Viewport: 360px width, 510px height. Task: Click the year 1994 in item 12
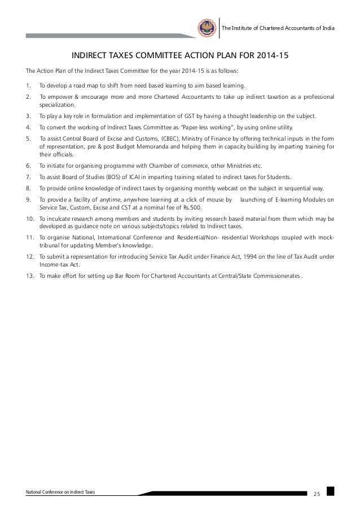click(230, 256)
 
